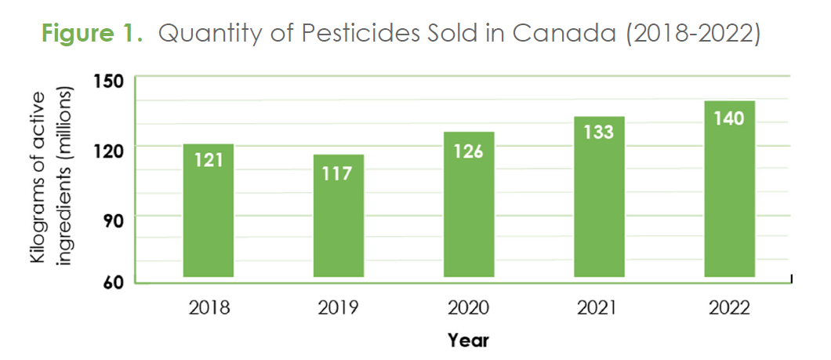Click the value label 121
coord(209,160)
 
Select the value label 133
coord(599,132)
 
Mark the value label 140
coord(729,118)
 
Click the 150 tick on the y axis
coord(108,80)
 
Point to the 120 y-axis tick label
coord(108,148)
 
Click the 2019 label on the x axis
coord(339,307)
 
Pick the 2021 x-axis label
coord(599,307)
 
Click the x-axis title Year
coord(469,340)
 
